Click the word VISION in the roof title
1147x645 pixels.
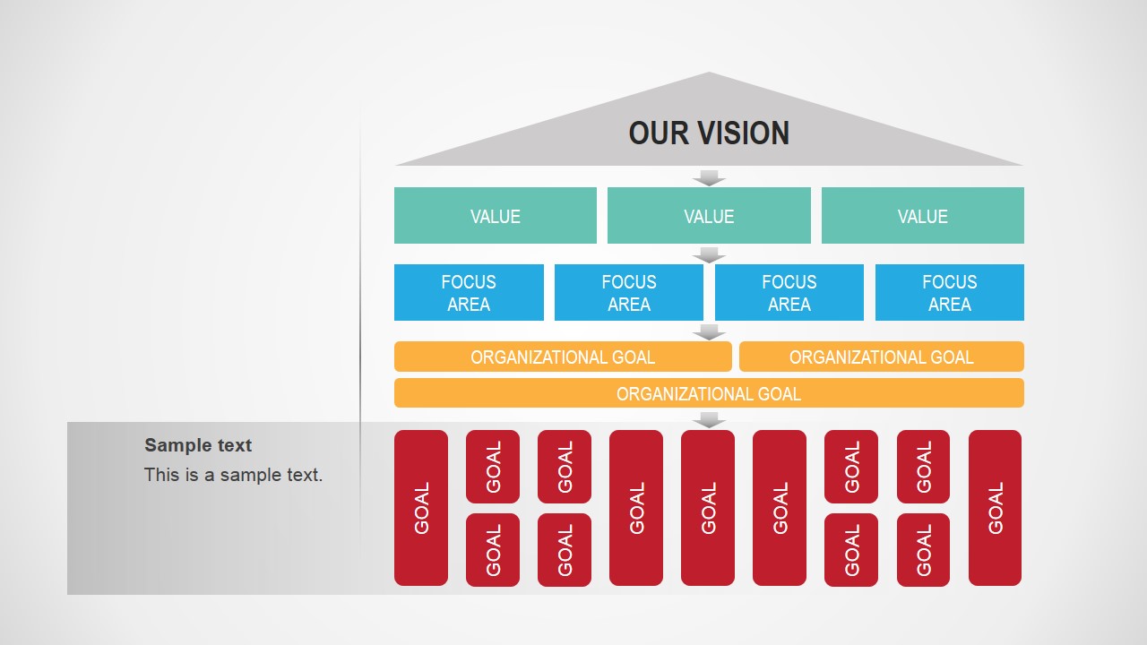[x=743, y=133]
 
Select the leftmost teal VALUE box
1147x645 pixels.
[x=495, y=216]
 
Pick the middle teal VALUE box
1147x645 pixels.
[x=709, y=216]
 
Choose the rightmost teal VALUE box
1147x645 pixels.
[x=922, y=216]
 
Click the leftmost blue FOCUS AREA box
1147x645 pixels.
[x=469, y=293]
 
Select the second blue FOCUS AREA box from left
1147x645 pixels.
[x=629, y=293]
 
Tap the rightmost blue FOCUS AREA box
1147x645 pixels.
[x=949, y=293]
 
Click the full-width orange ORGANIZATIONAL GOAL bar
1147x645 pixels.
[x=709, y=393]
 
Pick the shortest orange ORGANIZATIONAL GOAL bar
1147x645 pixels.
[x=881, y=357]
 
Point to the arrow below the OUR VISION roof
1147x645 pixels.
[x=709, y=177]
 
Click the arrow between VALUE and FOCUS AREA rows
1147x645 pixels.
[x=709, y=254]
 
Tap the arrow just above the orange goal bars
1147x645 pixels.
[x=709, y=331]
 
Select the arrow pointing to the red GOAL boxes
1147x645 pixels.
[x=709, y=419]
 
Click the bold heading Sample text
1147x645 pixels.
[x=198, y=445]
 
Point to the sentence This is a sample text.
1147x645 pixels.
[x=233, y=475]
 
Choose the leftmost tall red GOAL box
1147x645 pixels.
[x=421, y=508]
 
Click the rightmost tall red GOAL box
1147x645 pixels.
[x=995, y=508]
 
